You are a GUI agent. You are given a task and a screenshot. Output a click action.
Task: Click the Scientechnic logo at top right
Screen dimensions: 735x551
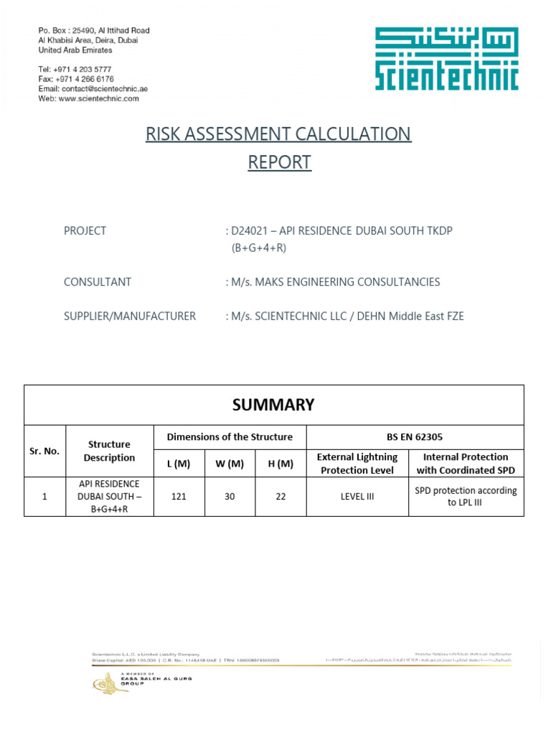click(446, 59)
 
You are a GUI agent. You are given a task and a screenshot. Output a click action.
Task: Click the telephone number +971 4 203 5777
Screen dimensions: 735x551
click(85, 69)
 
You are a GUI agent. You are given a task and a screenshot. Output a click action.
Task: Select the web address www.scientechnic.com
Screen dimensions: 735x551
click(98, 98)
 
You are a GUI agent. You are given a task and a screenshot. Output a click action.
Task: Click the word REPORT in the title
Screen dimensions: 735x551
click(279, 162)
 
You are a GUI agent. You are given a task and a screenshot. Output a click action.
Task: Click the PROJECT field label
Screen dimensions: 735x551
click(85, 230)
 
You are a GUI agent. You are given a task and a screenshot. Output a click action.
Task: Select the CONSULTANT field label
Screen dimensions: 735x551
click(98, 282)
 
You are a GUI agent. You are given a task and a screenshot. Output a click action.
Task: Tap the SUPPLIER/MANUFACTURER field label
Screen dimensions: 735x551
click(130, 316)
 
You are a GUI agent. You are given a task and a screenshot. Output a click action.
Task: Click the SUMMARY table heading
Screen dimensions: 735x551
click(273, 405)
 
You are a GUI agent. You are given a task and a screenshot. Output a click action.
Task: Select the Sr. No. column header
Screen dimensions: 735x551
click(44, 451)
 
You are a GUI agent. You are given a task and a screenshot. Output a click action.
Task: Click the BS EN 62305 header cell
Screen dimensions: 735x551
click(415, 436)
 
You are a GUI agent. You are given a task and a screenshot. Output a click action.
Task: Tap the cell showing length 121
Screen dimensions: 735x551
click(179, 495)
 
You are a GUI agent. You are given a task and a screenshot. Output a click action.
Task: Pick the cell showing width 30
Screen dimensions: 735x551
click(230, 495)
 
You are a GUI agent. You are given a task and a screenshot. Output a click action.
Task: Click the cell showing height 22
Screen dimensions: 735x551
click(281, 495)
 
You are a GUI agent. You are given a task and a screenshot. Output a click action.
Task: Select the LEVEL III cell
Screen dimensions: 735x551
click(357, 495)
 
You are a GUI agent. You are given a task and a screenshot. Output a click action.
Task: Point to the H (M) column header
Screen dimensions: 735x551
click(281, 464)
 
